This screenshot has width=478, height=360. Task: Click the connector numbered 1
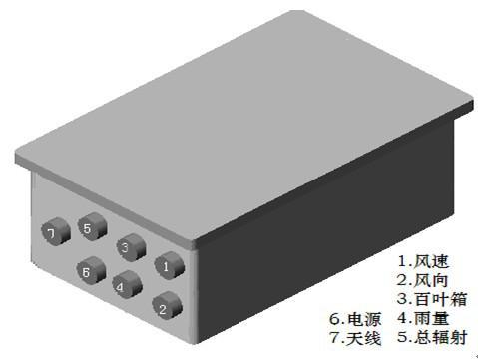(169, 266)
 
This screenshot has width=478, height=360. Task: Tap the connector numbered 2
(167, 305)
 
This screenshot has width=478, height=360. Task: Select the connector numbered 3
(131, 247)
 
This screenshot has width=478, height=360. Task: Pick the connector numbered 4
(127, 284)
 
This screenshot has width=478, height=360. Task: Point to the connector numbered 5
(92, 226)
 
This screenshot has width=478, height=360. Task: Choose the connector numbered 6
(91, 270)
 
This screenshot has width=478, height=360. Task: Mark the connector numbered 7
(56, 231)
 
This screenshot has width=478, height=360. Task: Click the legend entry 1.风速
(423, 261)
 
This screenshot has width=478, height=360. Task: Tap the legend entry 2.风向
(422, 280)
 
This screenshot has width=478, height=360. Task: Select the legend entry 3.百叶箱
(432, 299)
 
